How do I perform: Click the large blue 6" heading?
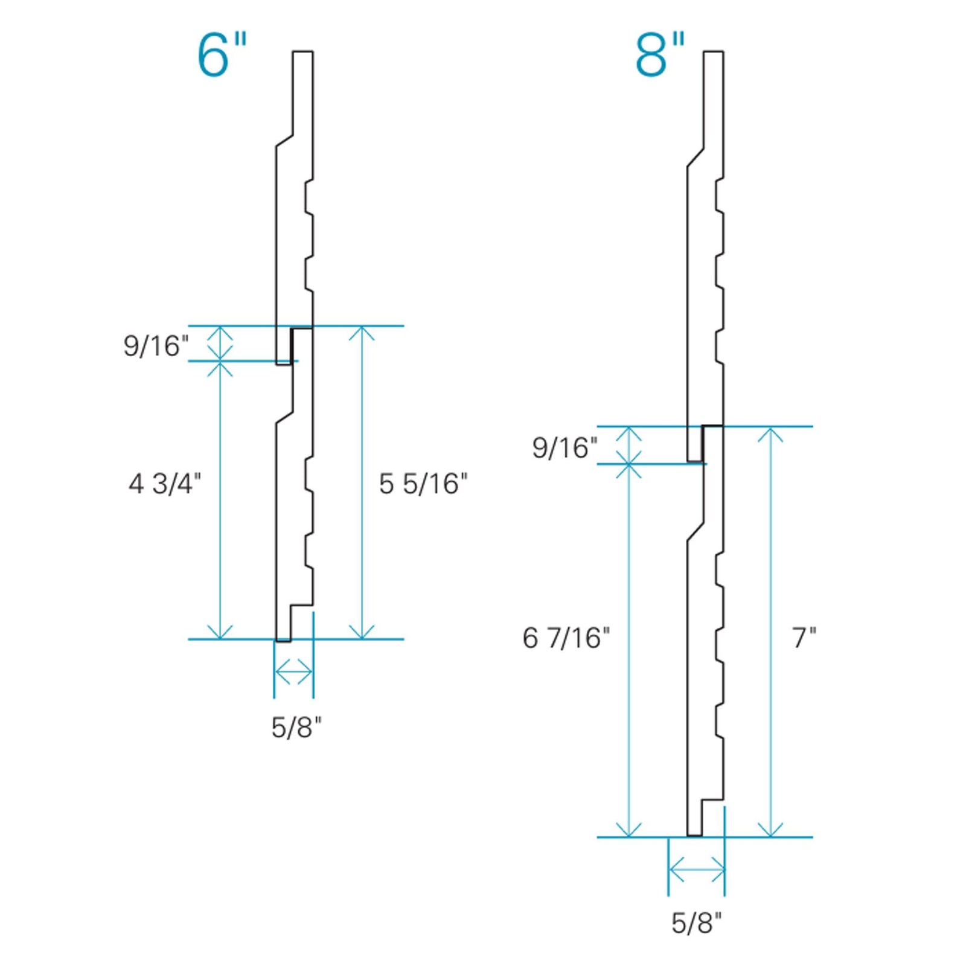pyautogui.click(x=222, y=56)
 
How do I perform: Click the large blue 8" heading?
pyautogui.click(x=660, y=56)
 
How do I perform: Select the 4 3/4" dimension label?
pyautogui.click(x=164, y=484)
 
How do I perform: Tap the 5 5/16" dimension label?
pyautogui.click(x=423, y=484)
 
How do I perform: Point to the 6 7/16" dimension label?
pyautogui.click(x=566, y=638)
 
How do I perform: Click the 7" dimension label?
pyautogui.click(x=804, y=638)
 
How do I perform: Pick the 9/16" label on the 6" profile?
pyautogui.click(x=156, y=346)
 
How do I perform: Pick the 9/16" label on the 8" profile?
pyautogui.click(x=565, y=448)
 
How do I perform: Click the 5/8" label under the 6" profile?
pyautogui.click(x=296, y=728)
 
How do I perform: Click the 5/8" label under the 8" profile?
pyautogui.click(x=696, y=923)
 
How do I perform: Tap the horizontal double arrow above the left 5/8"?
pyautogui.click(x=293, y=672)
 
